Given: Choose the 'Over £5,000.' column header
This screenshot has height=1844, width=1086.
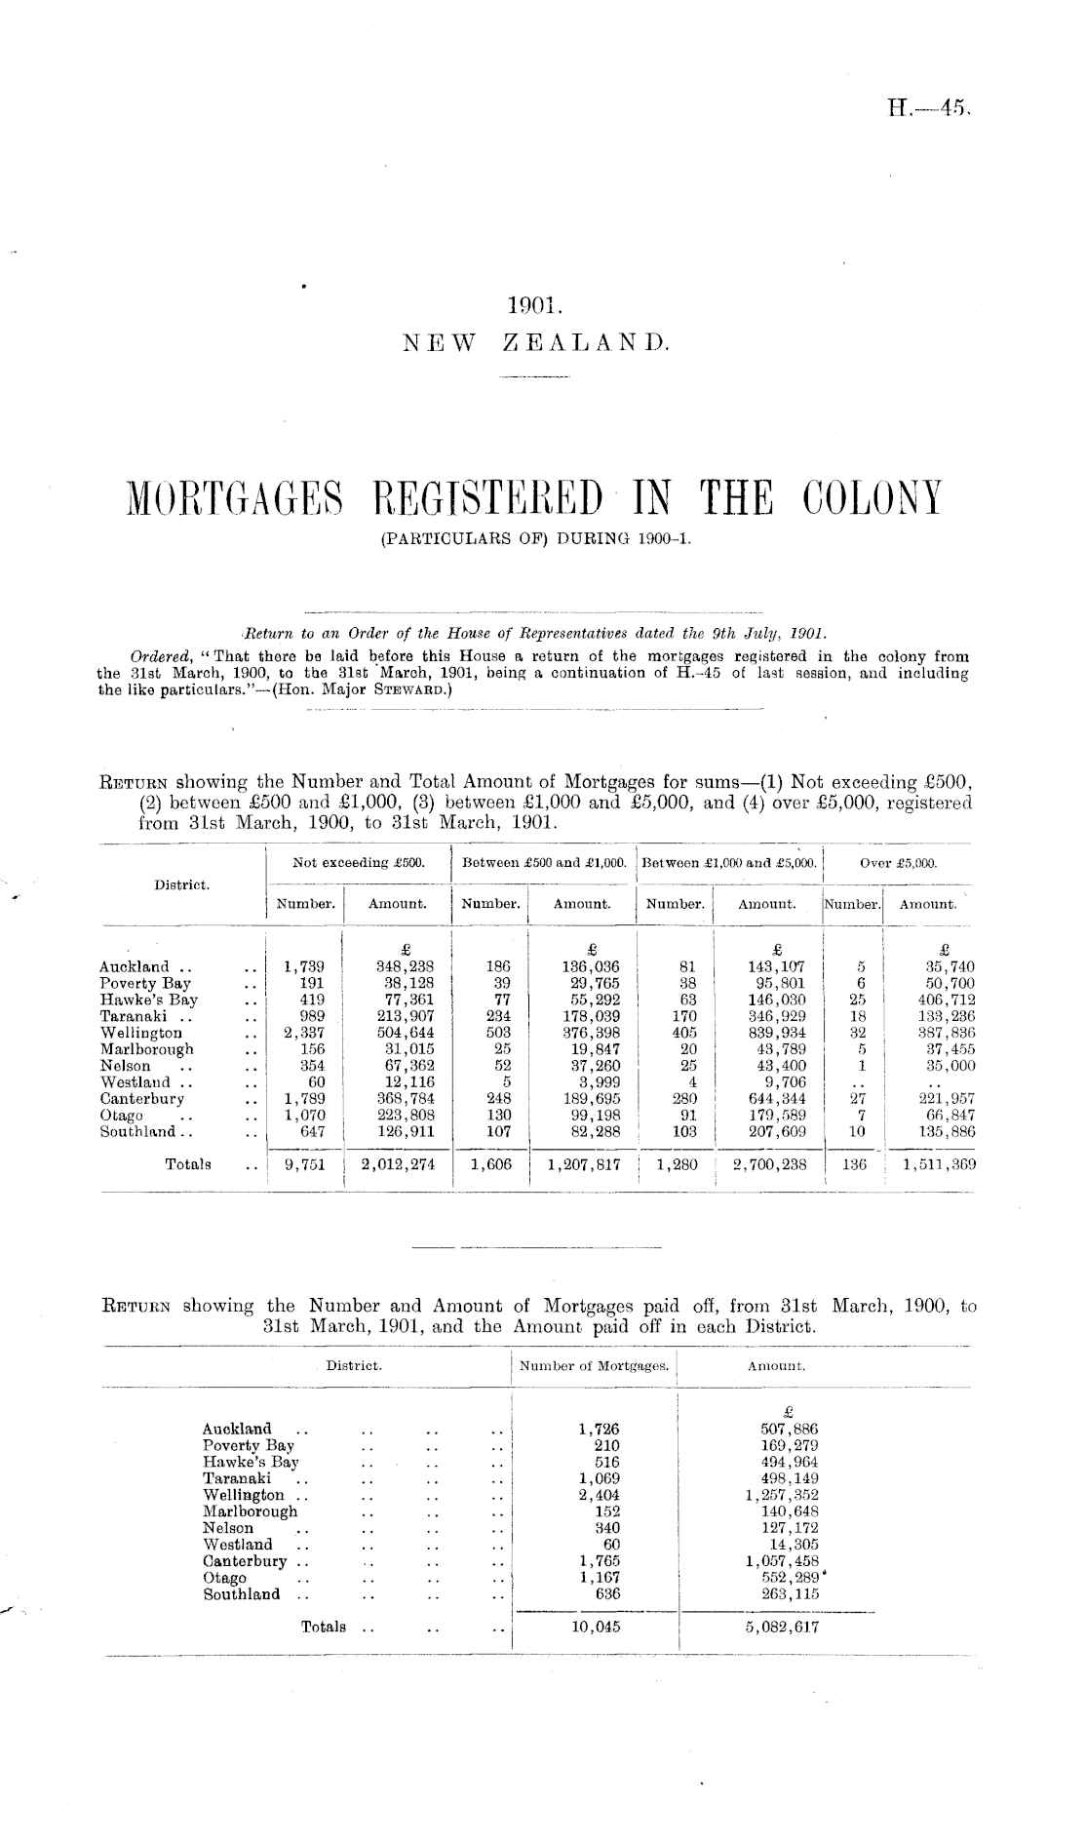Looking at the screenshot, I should [x=899, y=863].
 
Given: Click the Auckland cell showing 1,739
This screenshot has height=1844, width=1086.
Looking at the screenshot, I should [x=305, y=967].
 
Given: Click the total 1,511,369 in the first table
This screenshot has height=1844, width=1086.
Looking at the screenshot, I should [x=939, y=1163].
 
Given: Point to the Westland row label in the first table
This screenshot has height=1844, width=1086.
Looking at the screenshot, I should [x=135, y=1082].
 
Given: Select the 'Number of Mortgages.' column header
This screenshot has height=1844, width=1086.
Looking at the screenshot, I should [x=595, y=1366].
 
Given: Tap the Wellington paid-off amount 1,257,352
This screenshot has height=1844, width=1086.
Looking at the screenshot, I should [x=782, y=1495].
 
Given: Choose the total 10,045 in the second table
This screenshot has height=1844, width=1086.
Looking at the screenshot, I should [x=598, y=1627].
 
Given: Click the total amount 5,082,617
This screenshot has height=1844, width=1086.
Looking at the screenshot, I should [x=782, y=1627].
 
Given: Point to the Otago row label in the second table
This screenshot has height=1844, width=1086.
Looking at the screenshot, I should [x=224, y=1578].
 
